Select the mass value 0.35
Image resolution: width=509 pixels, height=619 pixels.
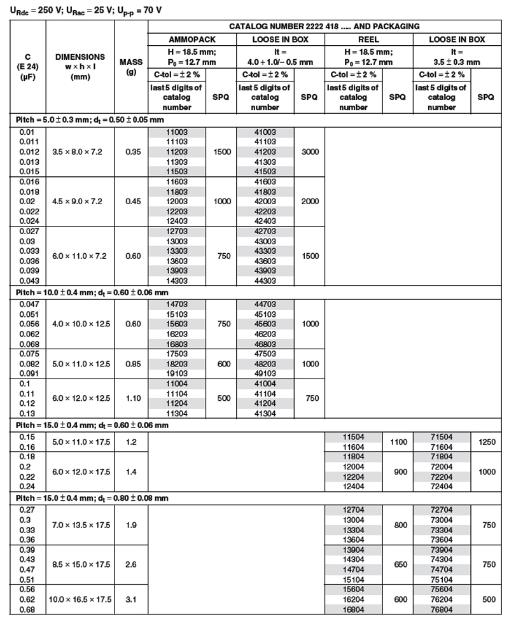pyautogui.click(x=130, y=152)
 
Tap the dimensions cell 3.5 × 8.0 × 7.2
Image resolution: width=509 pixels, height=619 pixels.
pyautogui.click(x=80, y=152)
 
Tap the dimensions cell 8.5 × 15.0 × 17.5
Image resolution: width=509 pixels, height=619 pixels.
pyautogui.click(x=80, y=564)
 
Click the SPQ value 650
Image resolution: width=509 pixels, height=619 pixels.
pyautogui.click(x=401, y=564)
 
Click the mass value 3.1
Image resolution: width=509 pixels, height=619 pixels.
pyautogui.click(x=130, y=599)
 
